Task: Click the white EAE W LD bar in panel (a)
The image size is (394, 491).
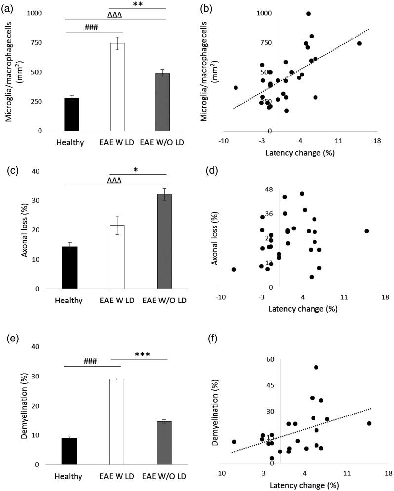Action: click(117, 87)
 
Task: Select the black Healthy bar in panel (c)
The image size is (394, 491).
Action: click(70, 267)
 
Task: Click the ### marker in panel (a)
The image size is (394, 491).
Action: click(92, 28)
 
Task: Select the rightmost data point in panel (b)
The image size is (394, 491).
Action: click(359, 43)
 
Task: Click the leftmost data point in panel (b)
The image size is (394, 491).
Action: click(236, 88)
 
